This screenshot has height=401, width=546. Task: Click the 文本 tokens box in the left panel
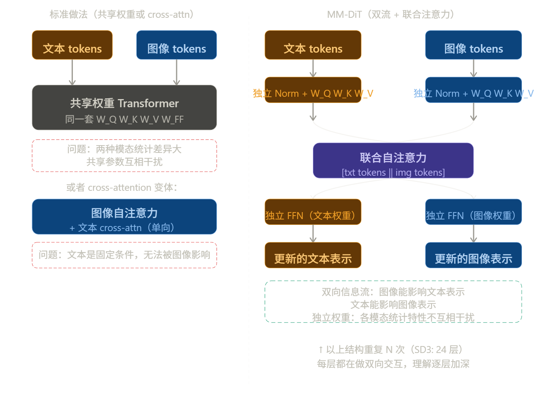tap(72, 45)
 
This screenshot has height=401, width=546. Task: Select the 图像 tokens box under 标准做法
tap(176, 45)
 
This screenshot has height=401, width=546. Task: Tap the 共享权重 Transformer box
tap(124, 108)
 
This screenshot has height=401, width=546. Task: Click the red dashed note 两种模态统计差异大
tap(124, 156)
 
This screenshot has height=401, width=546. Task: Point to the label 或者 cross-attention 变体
tap(122, 187)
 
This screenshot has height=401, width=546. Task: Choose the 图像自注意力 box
tap(124, 217)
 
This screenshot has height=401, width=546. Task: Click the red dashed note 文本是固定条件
tap(124, 255)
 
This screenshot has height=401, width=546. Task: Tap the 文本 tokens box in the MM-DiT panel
tap(313, 45)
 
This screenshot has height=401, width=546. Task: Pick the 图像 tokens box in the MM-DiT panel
tap(473, 45)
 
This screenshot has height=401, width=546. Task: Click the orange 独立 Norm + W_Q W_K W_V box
tap(313, 90)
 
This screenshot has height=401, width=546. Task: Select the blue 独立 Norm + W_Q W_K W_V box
tap(473, 90)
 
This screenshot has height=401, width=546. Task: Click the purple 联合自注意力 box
tap(393, 161)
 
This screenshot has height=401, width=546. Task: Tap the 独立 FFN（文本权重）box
tap(313, 212)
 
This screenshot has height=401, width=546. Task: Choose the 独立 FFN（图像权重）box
tap(473, 212)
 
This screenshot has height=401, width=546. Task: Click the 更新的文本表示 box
tap(313, 255)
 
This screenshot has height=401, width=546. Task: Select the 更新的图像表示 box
tap(473, 255)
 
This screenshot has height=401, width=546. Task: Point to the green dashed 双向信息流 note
tap(393, 302)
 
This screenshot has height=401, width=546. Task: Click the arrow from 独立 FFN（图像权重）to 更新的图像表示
tap(473, 234)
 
